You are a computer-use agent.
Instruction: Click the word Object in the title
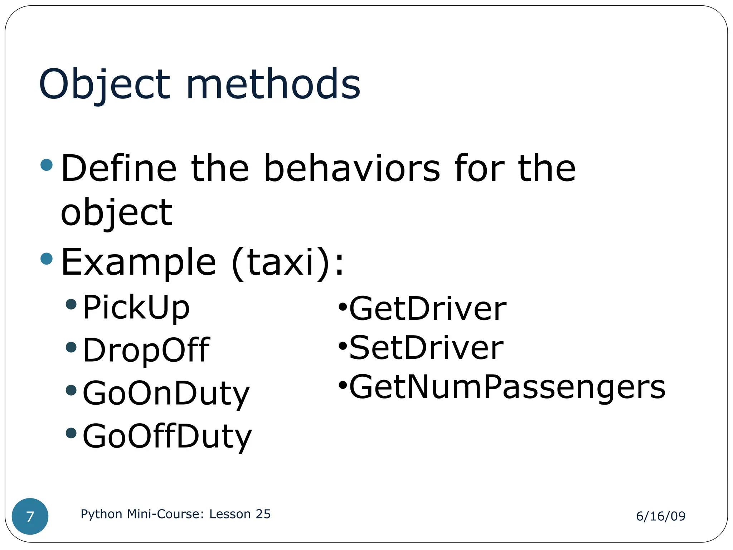[104, 85]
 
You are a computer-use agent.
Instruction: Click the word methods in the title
[273, 85]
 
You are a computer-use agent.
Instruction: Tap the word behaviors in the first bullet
[351, 168]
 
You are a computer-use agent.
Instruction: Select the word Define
[119, 168]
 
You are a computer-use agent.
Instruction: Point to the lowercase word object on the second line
[117, 213]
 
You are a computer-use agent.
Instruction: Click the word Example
[139, 262]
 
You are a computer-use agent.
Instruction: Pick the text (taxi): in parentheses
[288, 263]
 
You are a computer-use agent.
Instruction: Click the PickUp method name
[136, 307]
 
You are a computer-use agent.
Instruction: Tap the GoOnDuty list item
[166, 394]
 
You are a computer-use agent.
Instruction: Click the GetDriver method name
[427, 309]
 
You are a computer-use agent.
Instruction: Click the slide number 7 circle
[30, 516]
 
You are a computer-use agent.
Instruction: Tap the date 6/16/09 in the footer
[660, 516]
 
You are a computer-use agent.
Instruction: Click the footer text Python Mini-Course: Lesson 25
[175, 514]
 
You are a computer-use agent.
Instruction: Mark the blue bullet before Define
[47, 165]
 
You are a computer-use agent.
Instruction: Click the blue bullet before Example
[47, 259]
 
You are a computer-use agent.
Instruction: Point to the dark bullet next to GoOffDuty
[71, 433]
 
